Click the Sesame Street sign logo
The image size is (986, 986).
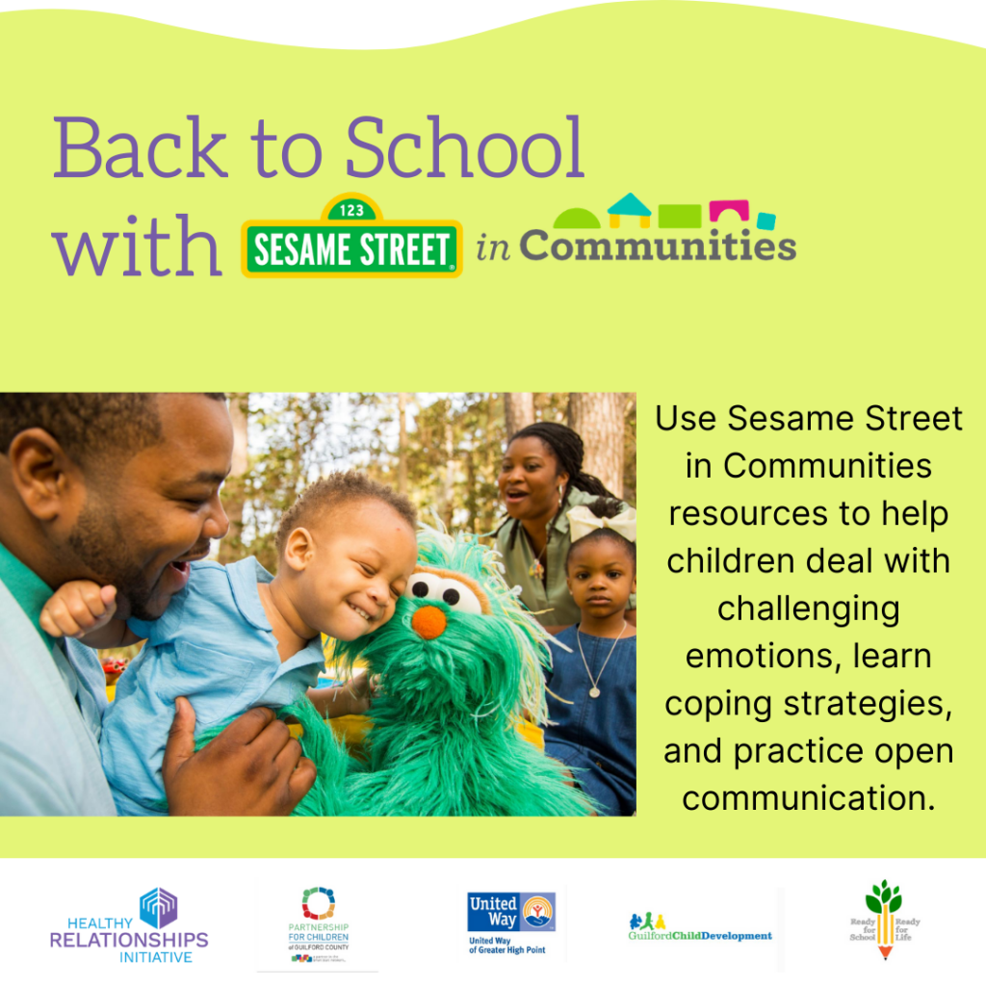click(351, 246)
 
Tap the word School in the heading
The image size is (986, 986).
click(465, 149)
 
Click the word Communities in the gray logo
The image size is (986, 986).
click(658, 246)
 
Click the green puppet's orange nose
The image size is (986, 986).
click(428, 621)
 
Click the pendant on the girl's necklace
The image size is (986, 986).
click(594, 690)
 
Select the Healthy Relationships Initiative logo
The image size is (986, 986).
click(129, 925)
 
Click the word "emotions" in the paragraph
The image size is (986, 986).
click(809, 656)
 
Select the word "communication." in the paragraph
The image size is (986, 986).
click(809, 797)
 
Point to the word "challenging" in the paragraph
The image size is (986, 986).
click(809, 609)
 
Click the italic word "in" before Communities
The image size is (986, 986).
click(494, 248)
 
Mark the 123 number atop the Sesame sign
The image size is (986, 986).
click(351, 209)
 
